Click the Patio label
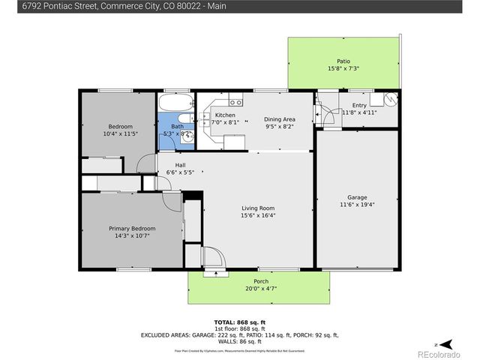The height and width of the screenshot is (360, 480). pos(343,61)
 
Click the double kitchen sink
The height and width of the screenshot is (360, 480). pos(235,101)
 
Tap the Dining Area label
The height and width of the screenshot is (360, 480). pos(279,119)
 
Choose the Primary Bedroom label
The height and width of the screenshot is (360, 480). pos(132,228)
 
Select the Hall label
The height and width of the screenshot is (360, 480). pos(180,165)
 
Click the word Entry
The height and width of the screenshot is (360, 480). pos(359,106)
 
